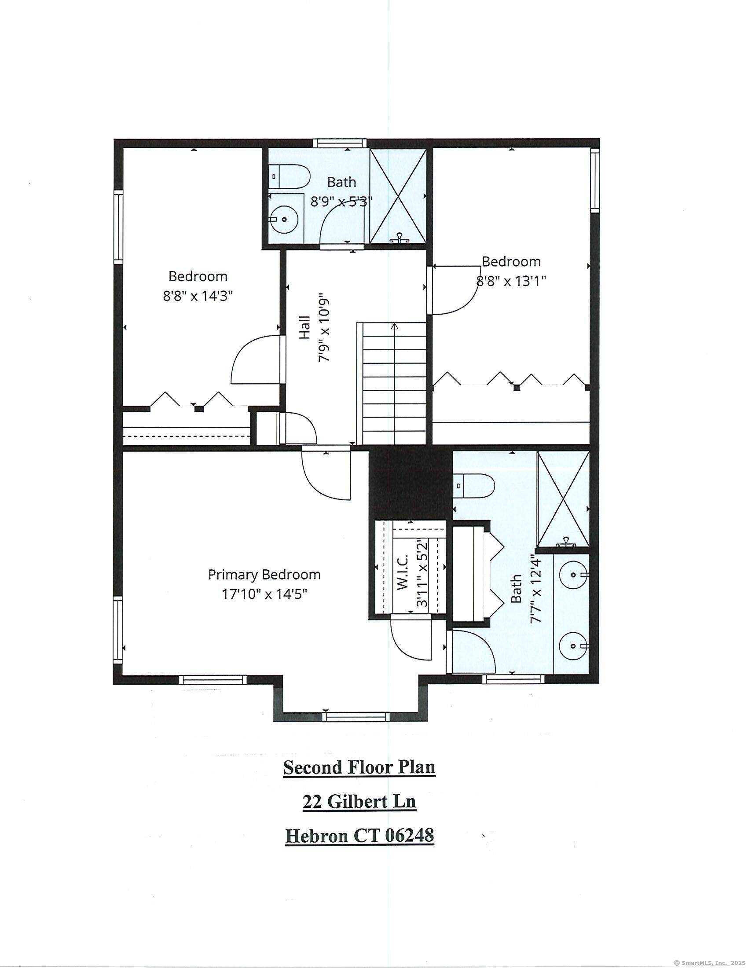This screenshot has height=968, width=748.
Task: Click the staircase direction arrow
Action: [x=394, y=326]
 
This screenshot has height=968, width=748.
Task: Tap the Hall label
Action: [x=304, y=327]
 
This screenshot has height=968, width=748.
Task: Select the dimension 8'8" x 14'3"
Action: [x=198, y=296]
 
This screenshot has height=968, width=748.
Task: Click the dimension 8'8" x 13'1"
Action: [x=511, y=281]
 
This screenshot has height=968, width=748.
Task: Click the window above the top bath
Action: [x=340, y=143]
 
